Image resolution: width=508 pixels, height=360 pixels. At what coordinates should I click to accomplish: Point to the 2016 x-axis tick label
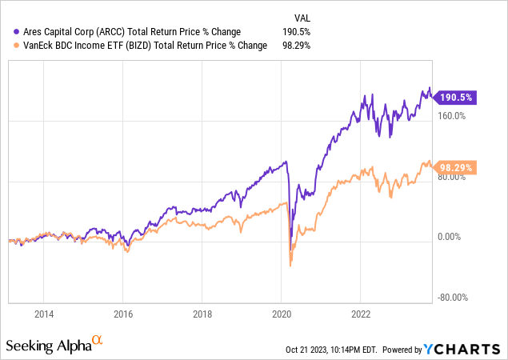tap(122, 313)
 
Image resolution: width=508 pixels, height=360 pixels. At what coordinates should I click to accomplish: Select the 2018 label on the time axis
tap(202, 313)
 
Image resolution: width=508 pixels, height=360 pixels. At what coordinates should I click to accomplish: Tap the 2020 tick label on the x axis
tap(282, 313)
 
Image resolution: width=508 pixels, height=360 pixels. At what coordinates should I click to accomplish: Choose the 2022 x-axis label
tap(361, 313)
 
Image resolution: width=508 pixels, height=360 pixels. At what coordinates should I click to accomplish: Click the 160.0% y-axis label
tap(451, 116)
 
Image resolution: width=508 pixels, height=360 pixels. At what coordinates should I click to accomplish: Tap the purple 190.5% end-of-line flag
tap(458, 97)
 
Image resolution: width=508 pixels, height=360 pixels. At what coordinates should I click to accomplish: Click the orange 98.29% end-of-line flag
tap(459, 167)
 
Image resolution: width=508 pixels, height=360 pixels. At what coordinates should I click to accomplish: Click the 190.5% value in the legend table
tap(297, 32)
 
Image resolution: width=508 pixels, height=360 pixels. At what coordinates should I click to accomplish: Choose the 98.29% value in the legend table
tap(297, 45)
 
